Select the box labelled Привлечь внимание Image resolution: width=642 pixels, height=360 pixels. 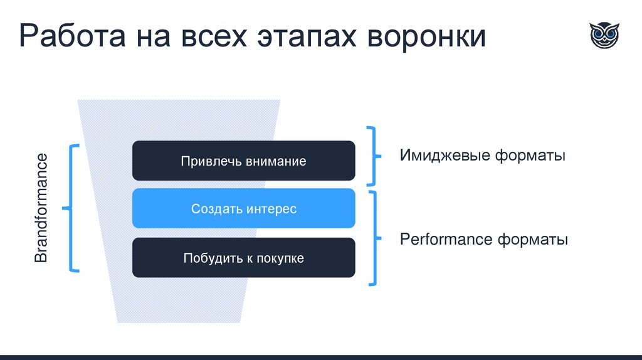coord(243,161)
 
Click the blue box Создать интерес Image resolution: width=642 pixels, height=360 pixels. coord(243,209)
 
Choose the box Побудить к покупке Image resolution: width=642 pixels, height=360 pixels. coord(243,258)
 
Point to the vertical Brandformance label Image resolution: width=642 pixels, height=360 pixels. coord(41,208)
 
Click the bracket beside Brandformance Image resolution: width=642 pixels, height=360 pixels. coord(71,208)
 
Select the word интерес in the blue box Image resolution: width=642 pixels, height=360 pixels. coord(271,209)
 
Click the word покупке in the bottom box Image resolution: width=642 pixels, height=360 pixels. coord(278,258)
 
